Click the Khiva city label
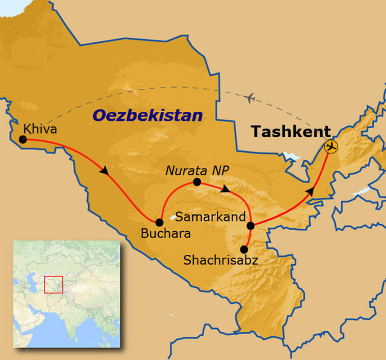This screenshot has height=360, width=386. pos(40,129)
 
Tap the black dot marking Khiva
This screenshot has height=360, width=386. pos(23,140)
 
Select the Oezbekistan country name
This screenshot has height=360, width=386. pos(147,115)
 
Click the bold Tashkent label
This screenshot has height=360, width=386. pos(291,132)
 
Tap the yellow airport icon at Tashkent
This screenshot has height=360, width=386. pos(331,146)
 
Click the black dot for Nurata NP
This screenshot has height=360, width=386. pos(196,182)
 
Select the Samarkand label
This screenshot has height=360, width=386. pos(211,217)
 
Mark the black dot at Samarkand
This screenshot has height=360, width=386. pos(250,226)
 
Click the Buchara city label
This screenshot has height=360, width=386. pos(165,234)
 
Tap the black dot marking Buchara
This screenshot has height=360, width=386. pos(159,222)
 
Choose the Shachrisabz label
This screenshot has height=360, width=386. pos(221,260)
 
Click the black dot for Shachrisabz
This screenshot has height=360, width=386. pos(244,249)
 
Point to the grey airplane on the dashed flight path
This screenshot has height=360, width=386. pos(250,98)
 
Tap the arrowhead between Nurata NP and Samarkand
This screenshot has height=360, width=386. pos(225,189)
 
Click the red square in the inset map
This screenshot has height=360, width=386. pos(53,285)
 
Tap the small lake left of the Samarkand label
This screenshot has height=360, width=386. pos(173,217)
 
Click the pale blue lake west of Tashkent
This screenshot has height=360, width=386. pos(291,155)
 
